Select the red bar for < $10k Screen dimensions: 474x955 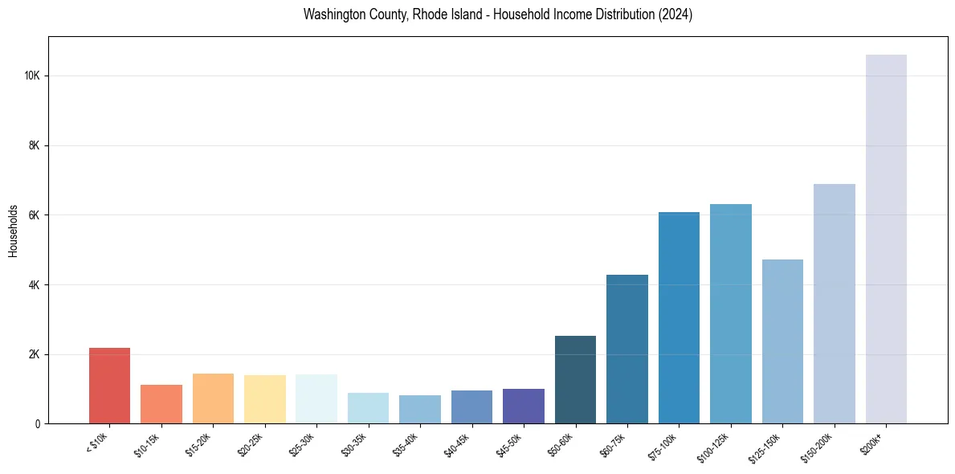(109, 386)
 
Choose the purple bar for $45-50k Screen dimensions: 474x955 (524, 406)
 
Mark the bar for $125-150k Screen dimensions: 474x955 (782, 341)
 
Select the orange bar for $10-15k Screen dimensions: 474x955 (161, 404)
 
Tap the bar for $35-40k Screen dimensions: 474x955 (420, 409)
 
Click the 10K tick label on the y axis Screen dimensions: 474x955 (32, 76)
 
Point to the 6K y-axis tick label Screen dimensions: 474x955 (35, 215)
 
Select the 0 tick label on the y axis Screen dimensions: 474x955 (38, 423)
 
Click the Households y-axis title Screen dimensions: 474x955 (14, 231)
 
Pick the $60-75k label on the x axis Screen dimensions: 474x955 (614, 443)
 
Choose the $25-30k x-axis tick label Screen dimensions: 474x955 (303, 443)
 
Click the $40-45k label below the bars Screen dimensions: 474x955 (458, 443)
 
